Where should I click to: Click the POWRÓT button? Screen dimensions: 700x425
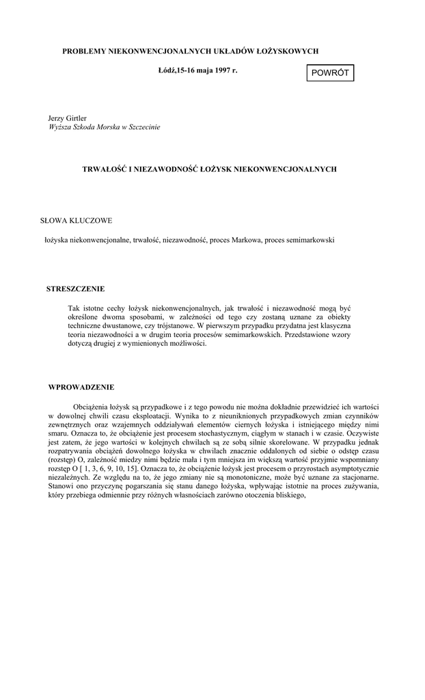tap(330, 72)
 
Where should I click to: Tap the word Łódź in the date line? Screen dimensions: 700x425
tap(167, 70)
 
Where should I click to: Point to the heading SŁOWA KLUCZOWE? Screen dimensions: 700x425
tap(77, 220)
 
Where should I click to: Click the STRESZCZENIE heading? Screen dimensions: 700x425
tap(76, 288)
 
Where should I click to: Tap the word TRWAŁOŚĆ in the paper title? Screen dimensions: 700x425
tap(102, 167)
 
